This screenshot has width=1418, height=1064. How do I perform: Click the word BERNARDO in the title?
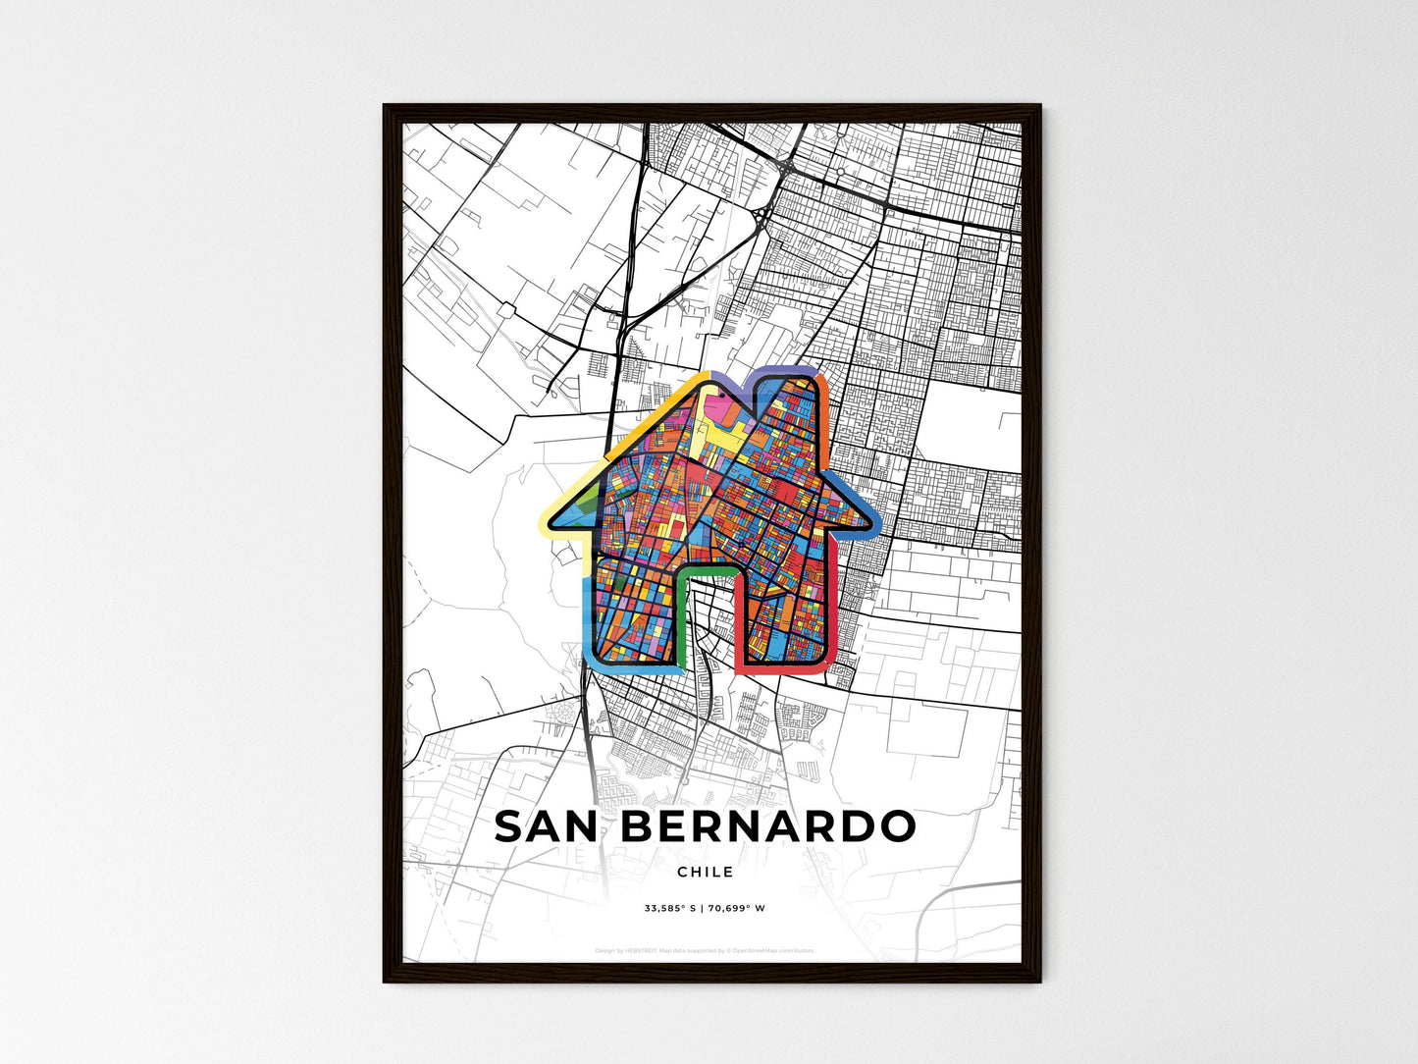(768, 826)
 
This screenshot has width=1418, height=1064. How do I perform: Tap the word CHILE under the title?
(705, 872)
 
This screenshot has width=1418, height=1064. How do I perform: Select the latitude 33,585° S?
(670, 908)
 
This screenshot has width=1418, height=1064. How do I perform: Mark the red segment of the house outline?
(830, 628)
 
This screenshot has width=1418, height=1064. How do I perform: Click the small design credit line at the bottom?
(705, 950)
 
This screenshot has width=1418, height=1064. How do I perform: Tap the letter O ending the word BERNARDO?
(896, 826)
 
